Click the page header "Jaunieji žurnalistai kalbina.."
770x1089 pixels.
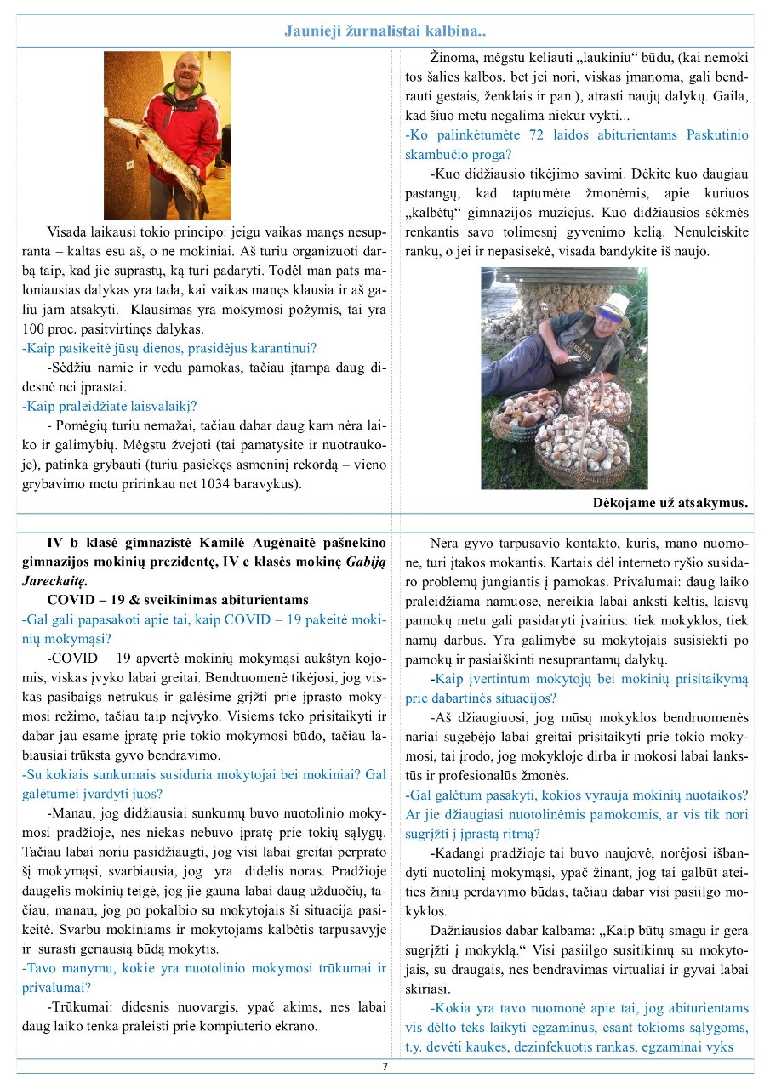pyautogui.click(x=385, y=32)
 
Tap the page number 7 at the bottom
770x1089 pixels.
pyautogui.click(x=385, y=1066)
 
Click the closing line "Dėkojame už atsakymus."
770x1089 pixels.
pyautogui.click(x=670, y=502)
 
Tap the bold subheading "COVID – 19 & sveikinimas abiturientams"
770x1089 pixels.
pyautogui.click(x=178, y=600)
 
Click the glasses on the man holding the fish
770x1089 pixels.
pyautogui.click(x=189, y=67)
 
